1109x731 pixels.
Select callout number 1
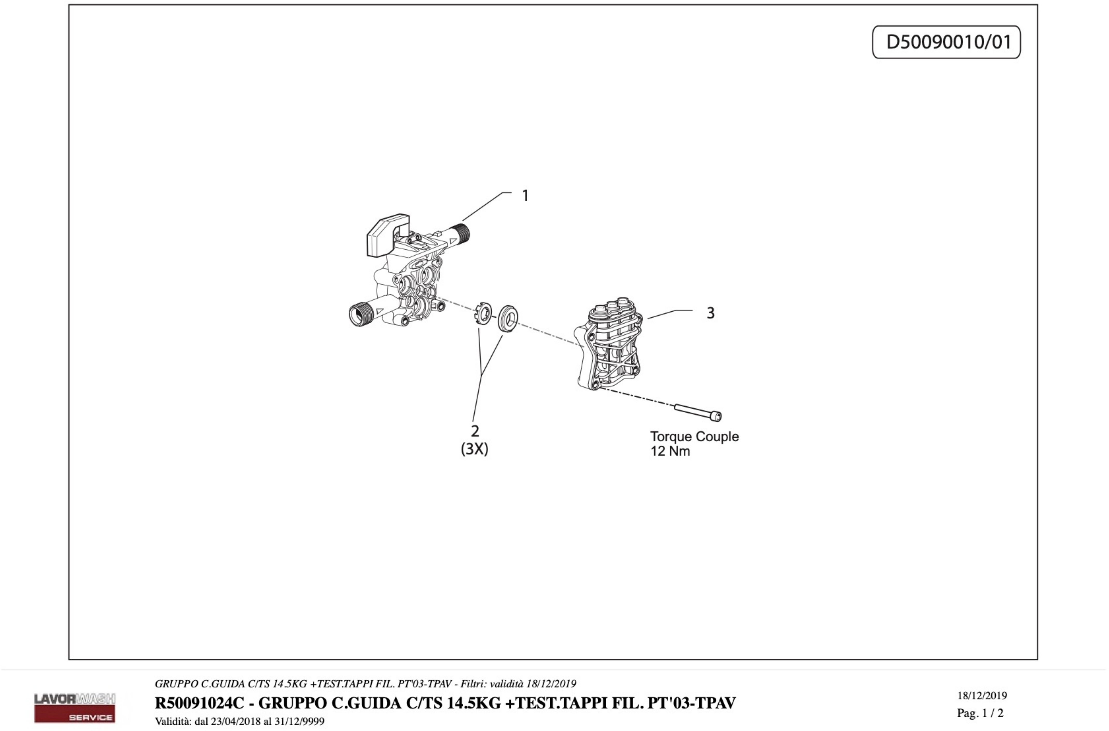coord(525,196)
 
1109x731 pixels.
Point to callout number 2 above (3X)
coord(475,430)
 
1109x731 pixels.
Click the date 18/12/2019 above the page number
coord(982,695)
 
